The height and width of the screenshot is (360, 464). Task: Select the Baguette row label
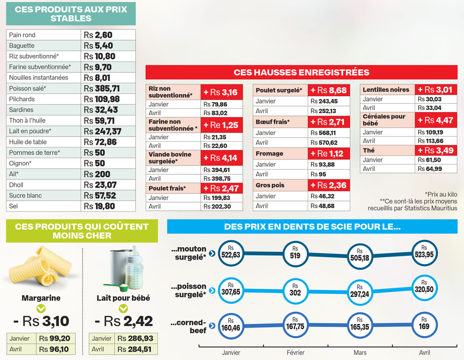(22, 46)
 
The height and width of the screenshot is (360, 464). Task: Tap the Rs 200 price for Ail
(97, 174)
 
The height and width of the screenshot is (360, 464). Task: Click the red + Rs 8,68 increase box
(328, 90)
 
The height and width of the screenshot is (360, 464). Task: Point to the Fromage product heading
(269, 154)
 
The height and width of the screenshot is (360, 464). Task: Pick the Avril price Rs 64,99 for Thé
(430, 169)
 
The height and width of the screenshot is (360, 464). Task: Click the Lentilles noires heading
(386, 90)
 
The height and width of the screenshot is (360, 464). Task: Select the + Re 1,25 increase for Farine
(221, 125)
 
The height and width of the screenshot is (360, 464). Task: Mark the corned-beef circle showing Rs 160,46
(231, 325)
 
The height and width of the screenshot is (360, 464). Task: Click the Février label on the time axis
(295, 352)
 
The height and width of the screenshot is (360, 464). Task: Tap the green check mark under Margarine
(41, 309)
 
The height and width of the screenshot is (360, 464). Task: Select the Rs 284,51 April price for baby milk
(134, 349)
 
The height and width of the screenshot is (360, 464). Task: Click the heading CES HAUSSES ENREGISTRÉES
(301, 72)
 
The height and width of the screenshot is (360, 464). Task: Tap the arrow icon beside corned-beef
(212, 326)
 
